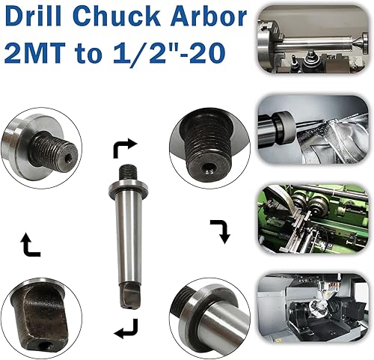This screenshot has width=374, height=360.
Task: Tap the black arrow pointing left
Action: pyautogui.click(x=126, y=328)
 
